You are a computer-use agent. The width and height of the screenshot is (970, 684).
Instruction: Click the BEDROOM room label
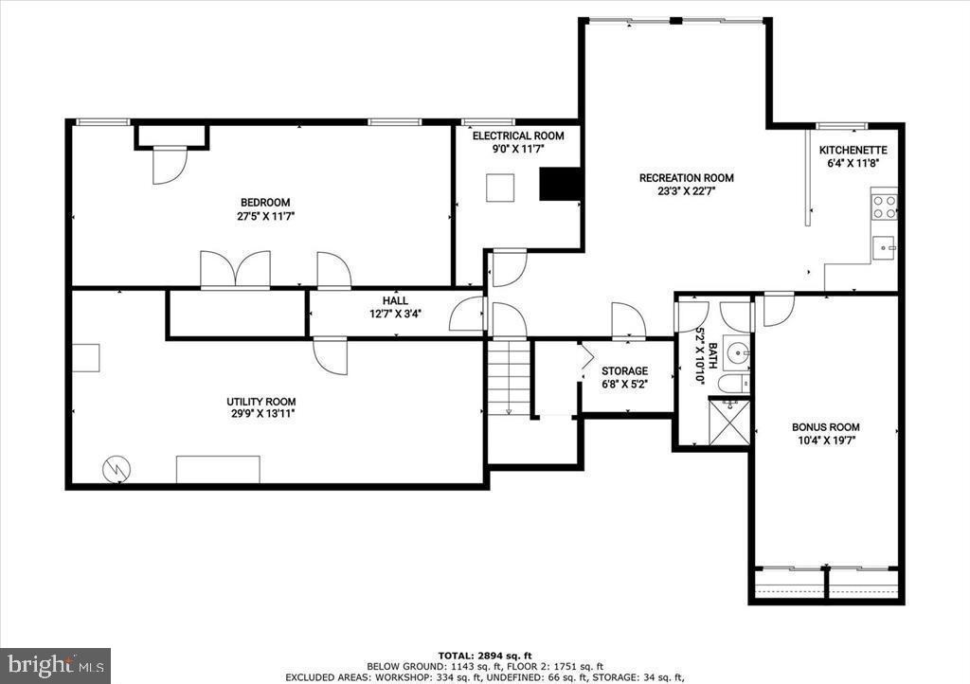264,202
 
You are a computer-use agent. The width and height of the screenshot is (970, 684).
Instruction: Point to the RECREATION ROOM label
686,178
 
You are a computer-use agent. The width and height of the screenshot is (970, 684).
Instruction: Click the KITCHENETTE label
853,150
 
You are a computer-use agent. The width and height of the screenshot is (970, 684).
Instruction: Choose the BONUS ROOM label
825,427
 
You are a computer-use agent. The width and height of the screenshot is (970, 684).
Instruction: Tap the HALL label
395,300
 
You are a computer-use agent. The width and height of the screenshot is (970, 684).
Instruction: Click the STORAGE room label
624,371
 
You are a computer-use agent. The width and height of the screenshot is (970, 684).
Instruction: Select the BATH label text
701,337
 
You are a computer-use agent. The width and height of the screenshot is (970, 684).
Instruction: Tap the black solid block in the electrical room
559,184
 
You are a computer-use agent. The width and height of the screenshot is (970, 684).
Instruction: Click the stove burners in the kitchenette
884,206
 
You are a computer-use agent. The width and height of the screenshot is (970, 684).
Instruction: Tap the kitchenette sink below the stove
885,248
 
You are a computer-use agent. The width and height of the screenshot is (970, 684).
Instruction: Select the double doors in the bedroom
235,269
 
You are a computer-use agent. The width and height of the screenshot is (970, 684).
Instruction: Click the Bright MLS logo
55,664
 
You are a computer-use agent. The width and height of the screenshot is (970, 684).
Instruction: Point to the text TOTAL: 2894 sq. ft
484,656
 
